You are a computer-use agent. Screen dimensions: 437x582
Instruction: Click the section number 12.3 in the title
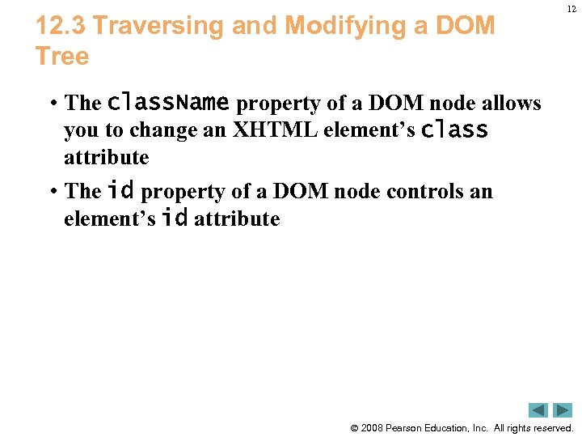coord(61,26)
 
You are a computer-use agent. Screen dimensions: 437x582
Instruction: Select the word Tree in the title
coord(62,57)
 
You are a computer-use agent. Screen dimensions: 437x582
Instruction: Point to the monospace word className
coord(168,103)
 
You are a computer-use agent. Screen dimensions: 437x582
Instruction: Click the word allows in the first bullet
coord(512,104)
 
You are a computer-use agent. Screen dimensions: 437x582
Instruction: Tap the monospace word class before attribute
coord(455,129)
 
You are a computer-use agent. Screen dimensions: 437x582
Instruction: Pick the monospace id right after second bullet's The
coord(120,191)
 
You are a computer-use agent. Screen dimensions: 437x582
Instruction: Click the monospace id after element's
coord(175,218)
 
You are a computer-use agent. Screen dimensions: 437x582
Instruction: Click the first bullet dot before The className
coord(51,104)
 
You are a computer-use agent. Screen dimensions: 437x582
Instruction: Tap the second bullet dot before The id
coord(51,192)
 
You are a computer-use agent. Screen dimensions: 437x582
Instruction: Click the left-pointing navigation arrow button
coord(538,410)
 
